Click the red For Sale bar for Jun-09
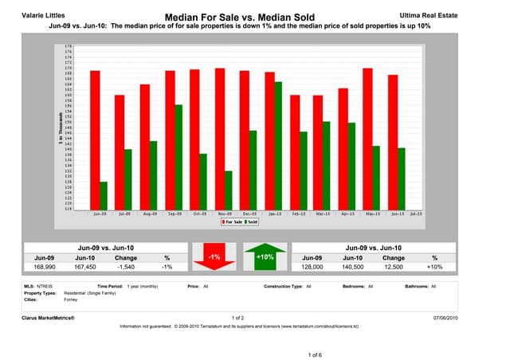pyautogui.click(x=95, y=139)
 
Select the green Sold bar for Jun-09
pyautogui.click(x=104, y=195)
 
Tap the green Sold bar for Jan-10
pyautogui.click(x=278, y=145)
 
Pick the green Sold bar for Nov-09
pyautogui.click(x=228, y=190)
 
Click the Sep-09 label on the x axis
pyautogui.click(x=174, y=214)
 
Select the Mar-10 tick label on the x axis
pyautogui.click(x=324, y=214)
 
